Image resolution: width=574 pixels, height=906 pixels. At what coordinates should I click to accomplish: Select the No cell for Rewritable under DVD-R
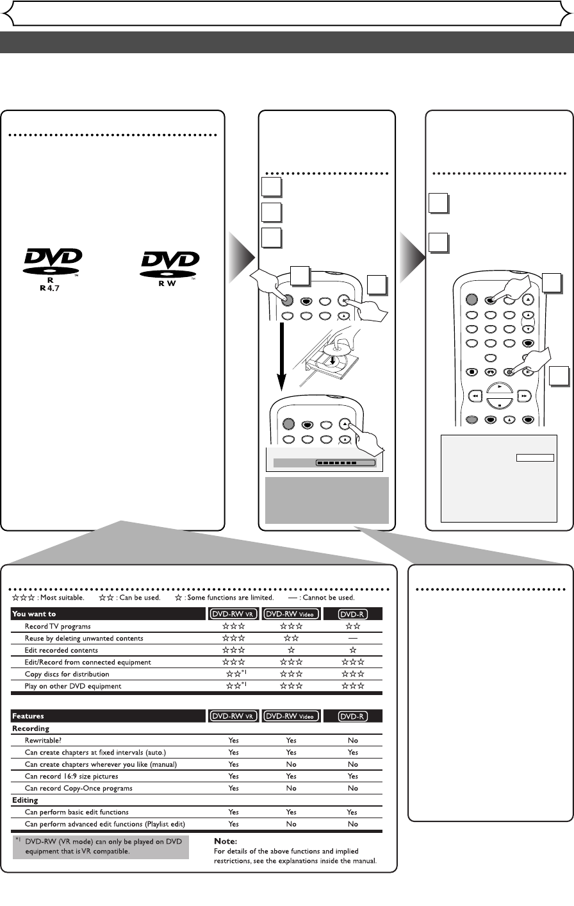[353, 740]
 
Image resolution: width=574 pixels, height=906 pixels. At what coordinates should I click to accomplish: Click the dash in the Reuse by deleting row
[353, 638]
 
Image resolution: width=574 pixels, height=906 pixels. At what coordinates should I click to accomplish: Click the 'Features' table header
[28, 716]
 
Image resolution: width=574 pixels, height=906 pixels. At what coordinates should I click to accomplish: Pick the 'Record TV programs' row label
[58, 626]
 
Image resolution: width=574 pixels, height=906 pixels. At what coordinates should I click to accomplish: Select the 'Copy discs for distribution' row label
[67, 674]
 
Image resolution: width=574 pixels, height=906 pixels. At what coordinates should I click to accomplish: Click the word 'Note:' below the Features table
[225, 840]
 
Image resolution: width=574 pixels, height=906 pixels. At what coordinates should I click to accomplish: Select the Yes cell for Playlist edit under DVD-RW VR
[234, 824]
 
